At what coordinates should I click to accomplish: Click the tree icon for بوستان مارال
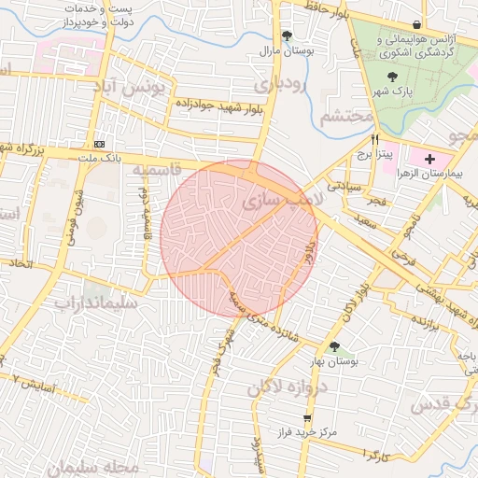click(x=274, y=35)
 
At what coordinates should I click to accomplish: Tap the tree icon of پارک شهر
click(x=391, y=77)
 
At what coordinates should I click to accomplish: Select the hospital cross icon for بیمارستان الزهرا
click(x=429, y=161)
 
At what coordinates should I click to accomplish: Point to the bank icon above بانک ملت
click(x=100, y=144)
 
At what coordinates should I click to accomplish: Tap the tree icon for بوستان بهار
click(x=334, y=347)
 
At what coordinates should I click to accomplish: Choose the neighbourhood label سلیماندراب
click(x=96, y=302)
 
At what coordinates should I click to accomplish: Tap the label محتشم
click(x=345, y=119)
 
